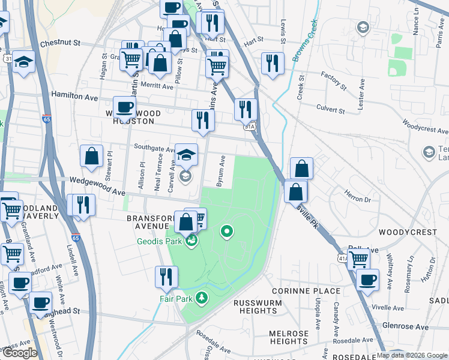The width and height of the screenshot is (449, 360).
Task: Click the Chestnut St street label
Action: pyautogui.click(x=60, y=44)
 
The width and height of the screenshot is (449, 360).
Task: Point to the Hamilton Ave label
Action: pyautogui.click(x=74, y=96)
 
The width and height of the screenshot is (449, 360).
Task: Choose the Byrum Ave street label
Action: pyautogui.click(x=221, y=171)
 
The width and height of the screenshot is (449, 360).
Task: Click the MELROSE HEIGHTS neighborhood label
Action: pyautogui.click(x=289, y=337)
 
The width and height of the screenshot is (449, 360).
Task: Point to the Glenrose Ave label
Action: pyautogui.click(x=406, y=327)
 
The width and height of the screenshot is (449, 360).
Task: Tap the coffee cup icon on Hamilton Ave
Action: pyautogui.click(x=124, y=107)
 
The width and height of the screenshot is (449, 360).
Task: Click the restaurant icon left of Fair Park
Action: pyautogui.click(x=166, y=276)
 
